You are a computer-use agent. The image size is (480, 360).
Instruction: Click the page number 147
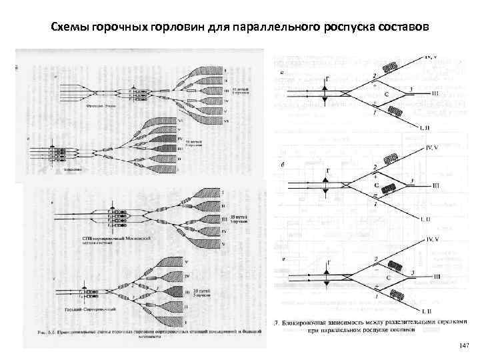[x=464, y=345]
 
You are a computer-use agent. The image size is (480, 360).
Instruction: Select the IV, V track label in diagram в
[x=434, y=238]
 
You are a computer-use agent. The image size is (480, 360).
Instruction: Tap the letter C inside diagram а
[x=387, y=95]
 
